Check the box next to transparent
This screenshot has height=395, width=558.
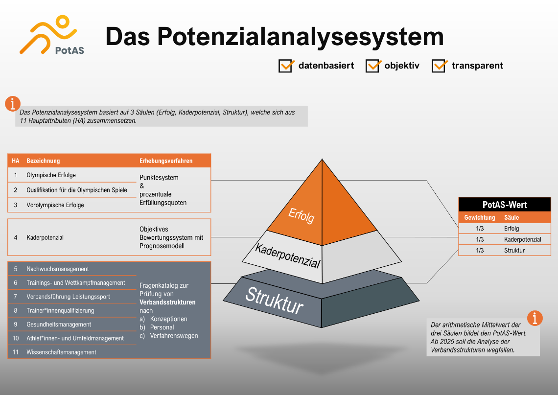(x=439, y=66)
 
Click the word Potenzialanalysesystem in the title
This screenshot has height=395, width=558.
(x=301, y=37)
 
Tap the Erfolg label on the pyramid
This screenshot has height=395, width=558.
(x=302, y=215)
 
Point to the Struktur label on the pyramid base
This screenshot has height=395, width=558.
(x=275, y=301)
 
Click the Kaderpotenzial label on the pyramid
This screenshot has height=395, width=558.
(x=287, y=256)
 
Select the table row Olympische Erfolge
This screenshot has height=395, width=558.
(x=51, y=175)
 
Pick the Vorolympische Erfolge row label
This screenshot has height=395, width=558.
(x=55, y=205)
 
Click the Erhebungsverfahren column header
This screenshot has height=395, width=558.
(x=166, y=161)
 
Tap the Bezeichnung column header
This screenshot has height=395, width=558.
(x=43, y=161)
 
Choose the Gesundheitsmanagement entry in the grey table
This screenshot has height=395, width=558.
(x=59, y=325)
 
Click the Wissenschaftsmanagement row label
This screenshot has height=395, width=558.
(x=61, y=352)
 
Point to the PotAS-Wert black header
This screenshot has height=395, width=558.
(x=505, y=205)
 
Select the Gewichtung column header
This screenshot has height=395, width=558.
(x=479, y=217)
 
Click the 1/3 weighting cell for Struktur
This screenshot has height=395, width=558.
(x=480, y=251)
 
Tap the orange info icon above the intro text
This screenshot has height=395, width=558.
(x=13, y=104)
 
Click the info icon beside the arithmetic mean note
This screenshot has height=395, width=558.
(x=535, y=318)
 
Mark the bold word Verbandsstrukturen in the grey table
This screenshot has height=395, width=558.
(x=167, y=302)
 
